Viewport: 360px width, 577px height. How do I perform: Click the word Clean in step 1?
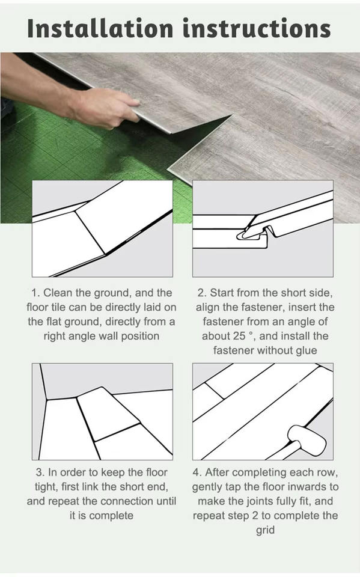pyautogui.click(x=58, y=293)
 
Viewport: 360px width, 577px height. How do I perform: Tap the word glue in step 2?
pyautogui.click(x=305, y=350)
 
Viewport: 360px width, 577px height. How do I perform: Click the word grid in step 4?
pyautogui.click(x=265, y=531)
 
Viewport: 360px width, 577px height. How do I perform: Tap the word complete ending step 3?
pyautogui.click(x=111, y=516)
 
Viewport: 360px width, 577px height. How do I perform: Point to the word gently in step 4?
pyautogui.click(x=207, y=487)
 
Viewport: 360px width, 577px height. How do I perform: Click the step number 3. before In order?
pyautogui.click(x=40, y=472)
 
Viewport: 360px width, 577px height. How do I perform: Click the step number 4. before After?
pyautogui.click(x=197, y=472)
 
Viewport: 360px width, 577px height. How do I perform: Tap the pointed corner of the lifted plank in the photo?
pyautogui.click(x=232, y=115)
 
